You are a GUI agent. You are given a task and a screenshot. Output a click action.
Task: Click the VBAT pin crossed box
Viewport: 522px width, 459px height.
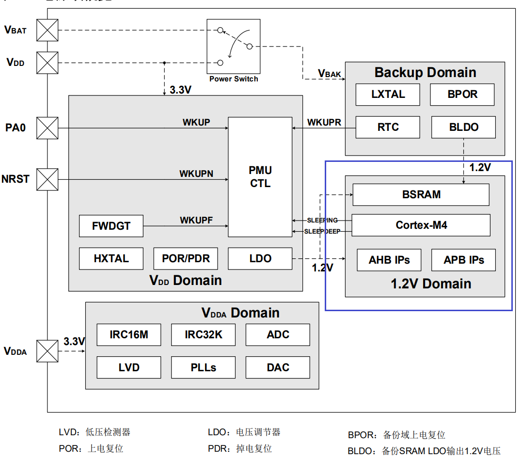[x=47, y=30]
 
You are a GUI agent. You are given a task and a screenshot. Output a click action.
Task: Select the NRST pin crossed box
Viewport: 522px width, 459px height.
[x=47, y=179]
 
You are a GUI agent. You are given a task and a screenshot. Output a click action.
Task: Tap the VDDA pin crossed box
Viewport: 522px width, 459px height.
[x=47, y=351]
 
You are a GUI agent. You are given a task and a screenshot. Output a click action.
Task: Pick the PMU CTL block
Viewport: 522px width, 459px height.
[x=260, y=177]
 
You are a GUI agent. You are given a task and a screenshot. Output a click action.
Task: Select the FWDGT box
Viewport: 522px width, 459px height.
[x=111, y=226]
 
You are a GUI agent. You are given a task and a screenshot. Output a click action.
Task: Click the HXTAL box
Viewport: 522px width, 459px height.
[x=111, y=258]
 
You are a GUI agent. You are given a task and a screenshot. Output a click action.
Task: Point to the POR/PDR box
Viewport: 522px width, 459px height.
[x=186, y=258]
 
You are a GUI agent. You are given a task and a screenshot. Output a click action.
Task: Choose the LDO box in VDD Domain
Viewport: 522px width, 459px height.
[x=260, y=258]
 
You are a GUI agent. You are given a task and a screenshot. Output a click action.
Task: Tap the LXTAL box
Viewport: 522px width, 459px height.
[x=388, y=95]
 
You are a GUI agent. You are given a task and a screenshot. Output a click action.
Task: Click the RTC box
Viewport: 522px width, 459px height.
[x=388, y=127]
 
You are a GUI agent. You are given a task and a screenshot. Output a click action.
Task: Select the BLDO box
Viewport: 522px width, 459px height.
[x=463, y=127]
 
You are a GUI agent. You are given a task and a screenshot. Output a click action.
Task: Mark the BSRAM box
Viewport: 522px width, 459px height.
[x=421, y=195]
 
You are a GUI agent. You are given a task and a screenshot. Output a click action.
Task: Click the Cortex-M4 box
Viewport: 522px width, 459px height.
[x=421, y=225]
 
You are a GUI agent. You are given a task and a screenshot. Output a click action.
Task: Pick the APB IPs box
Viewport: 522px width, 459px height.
[x=463, y=260]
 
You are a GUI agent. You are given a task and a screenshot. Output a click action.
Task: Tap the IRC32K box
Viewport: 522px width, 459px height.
[x=203, y=334]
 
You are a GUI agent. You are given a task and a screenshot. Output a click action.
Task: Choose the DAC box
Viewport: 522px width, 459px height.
[x=278, y=367]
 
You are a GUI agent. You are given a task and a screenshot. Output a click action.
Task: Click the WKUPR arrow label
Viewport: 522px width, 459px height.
[x=324, y=122]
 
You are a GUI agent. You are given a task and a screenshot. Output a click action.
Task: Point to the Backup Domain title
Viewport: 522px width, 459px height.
[x=425, y=73]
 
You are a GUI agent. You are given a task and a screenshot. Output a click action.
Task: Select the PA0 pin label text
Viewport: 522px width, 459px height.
[x=16, y=128]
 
